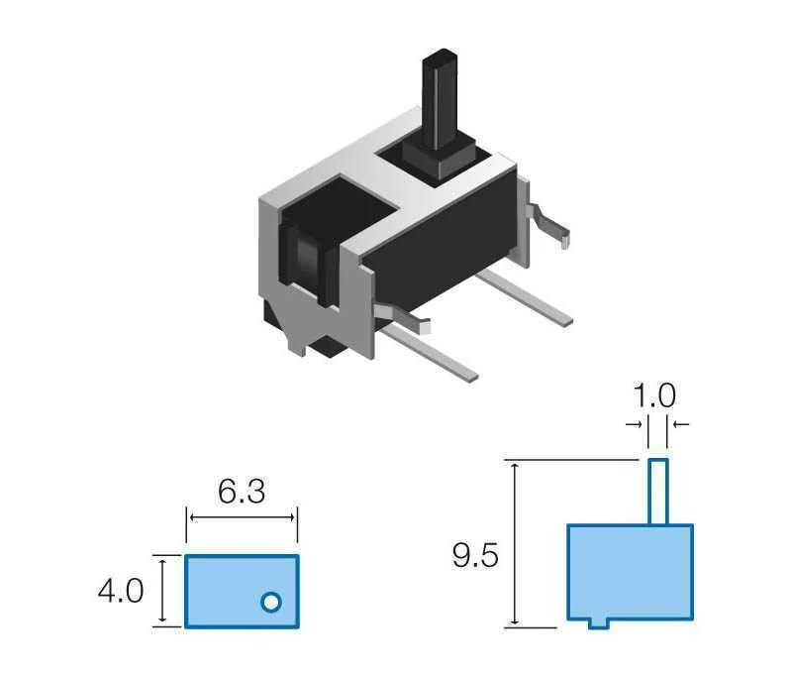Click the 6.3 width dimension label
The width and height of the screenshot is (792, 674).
tap(242, 492)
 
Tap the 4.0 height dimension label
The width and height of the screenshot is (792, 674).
tap(121, 591)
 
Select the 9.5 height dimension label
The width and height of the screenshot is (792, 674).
tap(475, 555)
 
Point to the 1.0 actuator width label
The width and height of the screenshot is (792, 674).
tap(654, 395)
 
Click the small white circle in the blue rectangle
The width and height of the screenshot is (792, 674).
tap(270, 602)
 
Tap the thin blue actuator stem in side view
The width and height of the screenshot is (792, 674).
tap(658, 492)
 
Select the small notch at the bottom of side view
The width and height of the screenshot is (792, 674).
tap(599, 624)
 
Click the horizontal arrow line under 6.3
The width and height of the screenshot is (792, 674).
tap(242, 517)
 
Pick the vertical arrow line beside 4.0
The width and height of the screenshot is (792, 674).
tap(161, 591)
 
